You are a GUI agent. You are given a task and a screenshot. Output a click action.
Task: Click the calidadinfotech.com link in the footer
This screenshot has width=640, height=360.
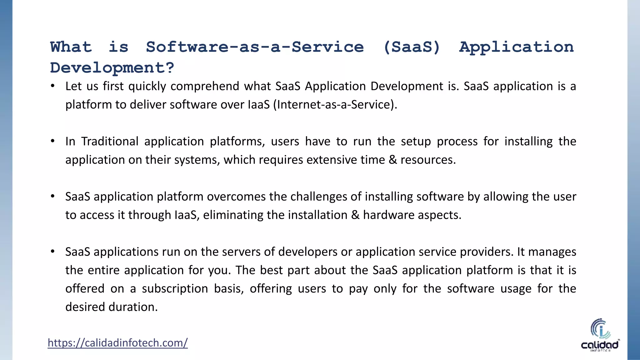(117, 343)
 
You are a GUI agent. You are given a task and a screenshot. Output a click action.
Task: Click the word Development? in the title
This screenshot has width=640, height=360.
(112, 68)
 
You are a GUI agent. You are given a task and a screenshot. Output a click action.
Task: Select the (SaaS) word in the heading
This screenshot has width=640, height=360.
(412, 47)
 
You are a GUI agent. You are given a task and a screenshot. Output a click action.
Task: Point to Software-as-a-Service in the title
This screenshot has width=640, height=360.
(255, 47)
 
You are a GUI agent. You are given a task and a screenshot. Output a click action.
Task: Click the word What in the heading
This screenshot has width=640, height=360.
(71, 47)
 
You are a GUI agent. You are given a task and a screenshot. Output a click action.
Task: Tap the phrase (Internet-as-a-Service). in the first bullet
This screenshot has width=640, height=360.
(335, 104)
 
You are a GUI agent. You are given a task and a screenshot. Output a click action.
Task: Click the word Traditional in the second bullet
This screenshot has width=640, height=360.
(110, 141)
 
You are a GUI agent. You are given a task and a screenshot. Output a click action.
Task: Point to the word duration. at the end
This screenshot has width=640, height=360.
(133, 307)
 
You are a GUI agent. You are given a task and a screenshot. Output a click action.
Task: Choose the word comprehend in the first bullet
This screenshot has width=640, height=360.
(205, 86)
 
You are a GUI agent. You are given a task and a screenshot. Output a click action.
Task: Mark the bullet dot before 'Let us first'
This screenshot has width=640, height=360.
(53, 86)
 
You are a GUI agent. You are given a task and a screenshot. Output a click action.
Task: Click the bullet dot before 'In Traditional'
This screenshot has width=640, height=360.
(53, 141)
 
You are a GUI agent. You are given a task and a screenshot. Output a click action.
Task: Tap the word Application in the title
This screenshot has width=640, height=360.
(516, 47)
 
